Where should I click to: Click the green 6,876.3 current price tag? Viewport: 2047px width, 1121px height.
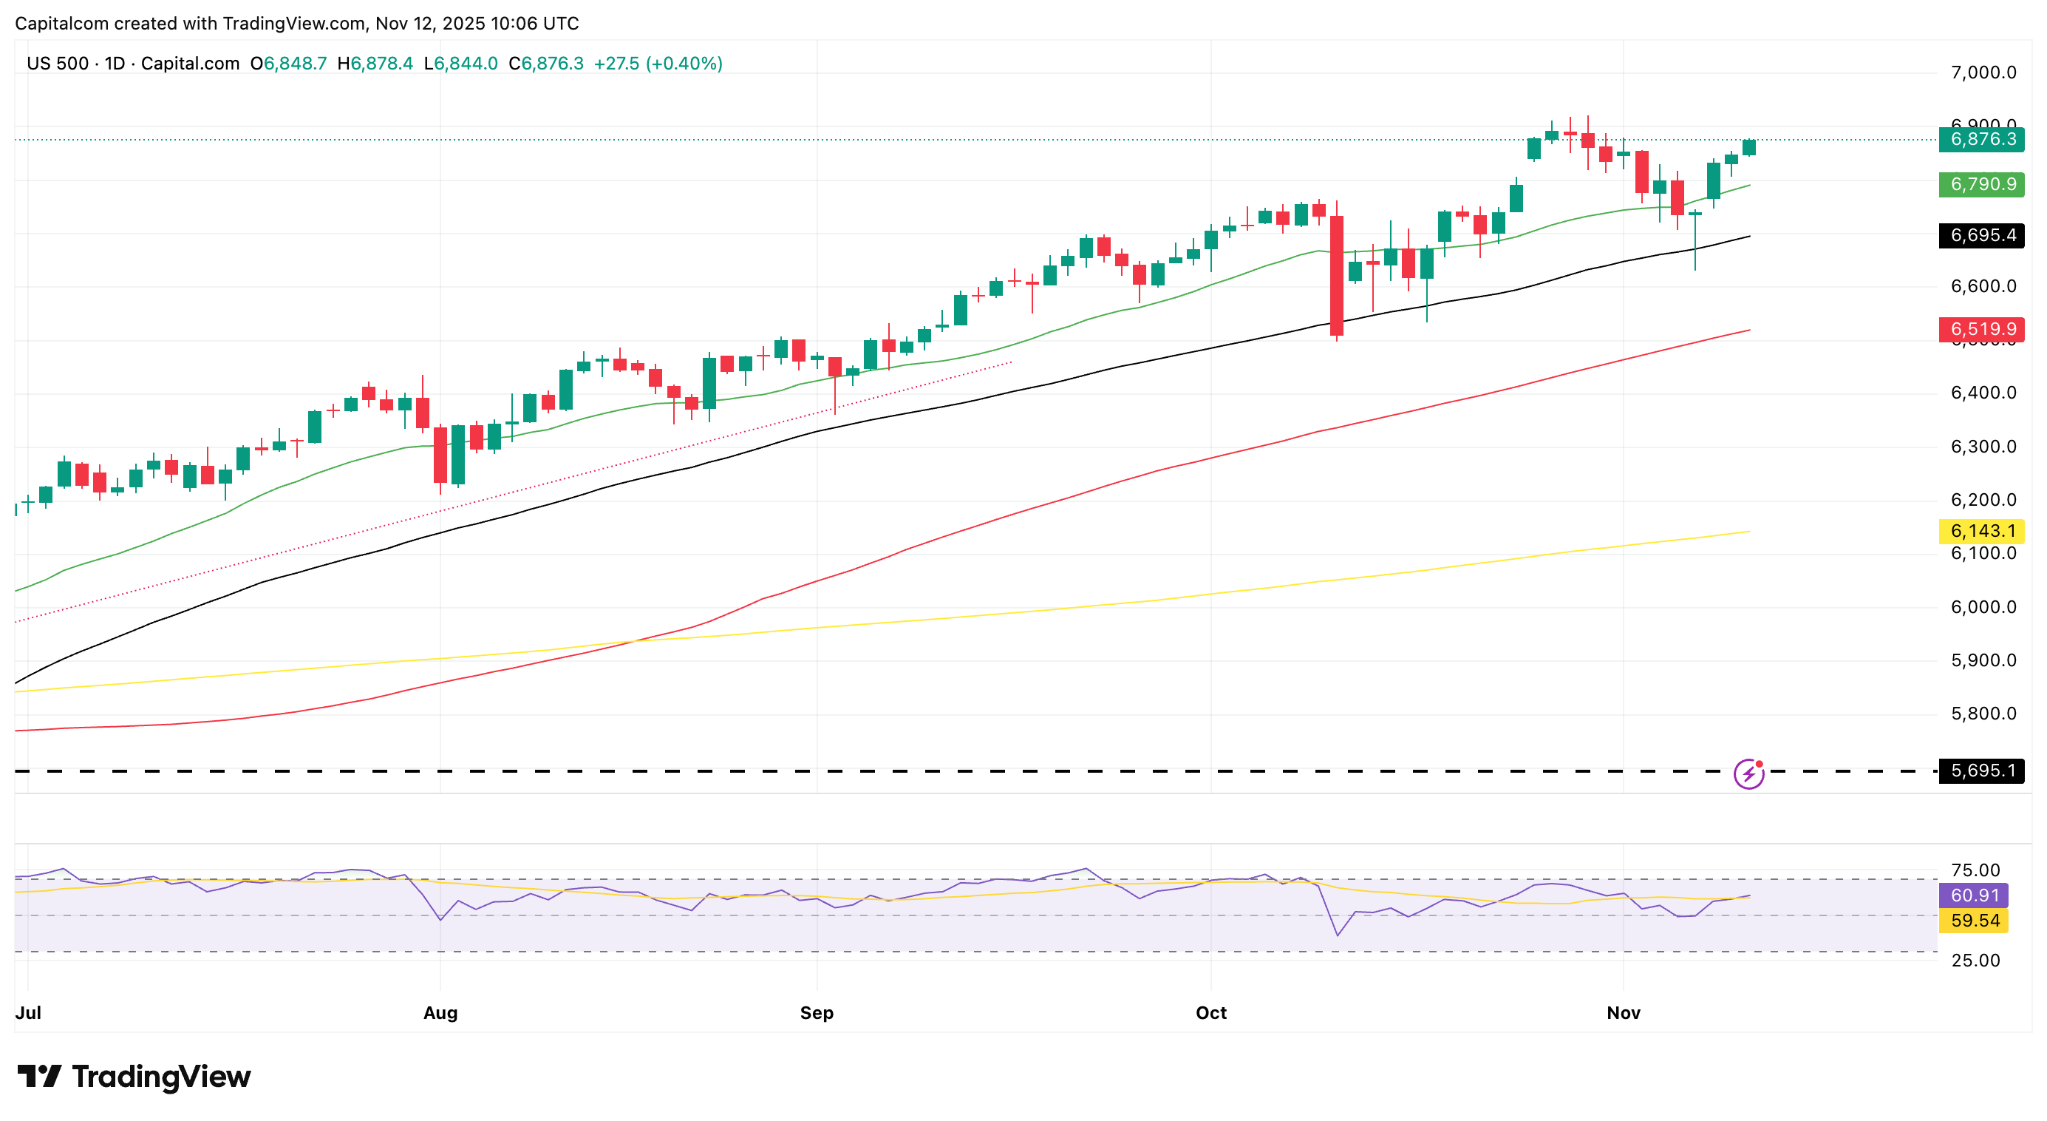[x=1982, y=140]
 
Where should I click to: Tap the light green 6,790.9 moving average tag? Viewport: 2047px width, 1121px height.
[x=1982, y=184]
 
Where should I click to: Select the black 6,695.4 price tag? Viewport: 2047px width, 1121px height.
[x=1982, y=235]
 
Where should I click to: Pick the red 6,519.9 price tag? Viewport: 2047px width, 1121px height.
[x=1982, y=329]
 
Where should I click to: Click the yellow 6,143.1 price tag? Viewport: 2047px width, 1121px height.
[x=1982, y=531]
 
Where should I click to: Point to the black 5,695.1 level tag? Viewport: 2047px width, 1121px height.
[x=1982, y=771]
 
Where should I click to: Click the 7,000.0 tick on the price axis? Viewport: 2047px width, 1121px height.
[x=1983, y=73]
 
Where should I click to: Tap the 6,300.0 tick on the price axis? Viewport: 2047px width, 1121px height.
[x=1983, y=447]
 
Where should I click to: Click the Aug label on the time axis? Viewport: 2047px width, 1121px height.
[x=440, y=1013]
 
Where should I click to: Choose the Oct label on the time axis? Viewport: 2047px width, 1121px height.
[x=1211, y=1013]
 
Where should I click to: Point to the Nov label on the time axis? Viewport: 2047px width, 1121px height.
[x=1624, y=1013]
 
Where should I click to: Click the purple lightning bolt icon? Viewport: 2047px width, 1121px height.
[x=1748, y=773]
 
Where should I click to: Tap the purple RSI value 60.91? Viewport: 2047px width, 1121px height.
[x=1974, y=895]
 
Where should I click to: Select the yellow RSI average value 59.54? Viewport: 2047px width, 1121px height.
[x=1974, y=921]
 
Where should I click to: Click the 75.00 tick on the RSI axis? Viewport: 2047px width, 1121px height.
[x=1975, y=870]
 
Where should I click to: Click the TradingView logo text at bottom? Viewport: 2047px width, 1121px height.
[x=135, y=1077]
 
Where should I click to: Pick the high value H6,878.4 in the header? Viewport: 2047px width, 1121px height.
[x=375, y=64]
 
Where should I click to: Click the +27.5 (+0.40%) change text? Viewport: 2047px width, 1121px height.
[x=658, y=64]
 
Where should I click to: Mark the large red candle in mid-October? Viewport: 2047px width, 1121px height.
[x=1337, y=275]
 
